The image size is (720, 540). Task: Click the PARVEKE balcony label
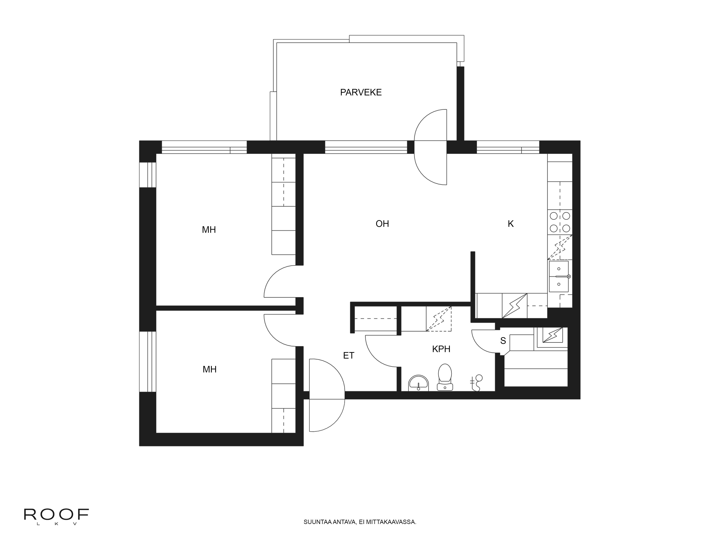361,93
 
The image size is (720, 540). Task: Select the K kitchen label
511,224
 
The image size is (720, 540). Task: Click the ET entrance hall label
349,355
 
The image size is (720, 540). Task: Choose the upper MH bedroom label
209,230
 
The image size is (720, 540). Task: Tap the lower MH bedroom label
210,369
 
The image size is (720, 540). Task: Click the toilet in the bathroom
445,377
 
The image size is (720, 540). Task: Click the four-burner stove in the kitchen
560,222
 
